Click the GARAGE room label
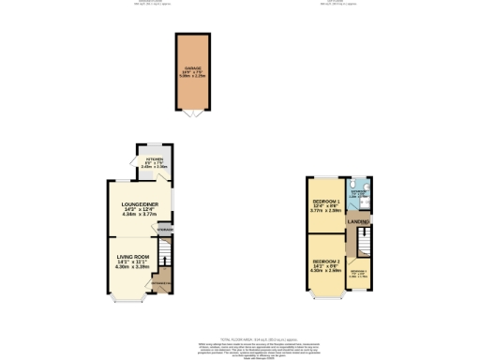coord(193,68)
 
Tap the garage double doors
coord(193,114)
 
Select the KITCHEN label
coord(154,160)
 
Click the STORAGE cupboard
coord(165,230)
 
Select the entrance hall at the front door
coord(161,284)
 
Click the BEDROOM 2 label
coord(325,261)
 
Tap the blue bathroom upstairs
coord(360,194)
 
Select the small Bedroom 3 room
coord(359,272)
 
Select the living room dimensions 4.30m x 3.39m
coord(133,267)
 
